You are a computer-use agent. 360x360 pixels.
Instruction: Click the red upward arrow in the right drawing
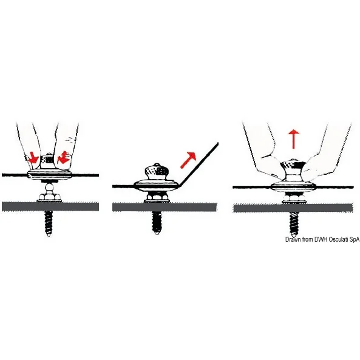click(x=294, y=139)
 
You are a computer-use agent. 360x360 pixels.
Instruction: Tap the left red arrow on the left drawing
click(x=33, y=158)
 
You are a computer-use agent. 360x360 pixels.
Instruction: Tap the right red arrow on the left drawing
click(x=64, y=157)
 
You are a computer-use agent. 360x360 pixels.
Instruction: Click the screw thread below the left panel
click(x=49, y=223)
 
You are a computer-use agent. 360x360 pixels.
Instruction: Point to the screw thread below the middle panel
click(x=157, y=222)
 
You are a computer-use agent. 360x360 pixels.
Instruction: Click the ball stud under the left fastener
click(x=49, y=187)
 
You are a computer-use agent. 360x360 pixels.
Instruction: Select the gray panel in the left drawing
click(x=50, y=206)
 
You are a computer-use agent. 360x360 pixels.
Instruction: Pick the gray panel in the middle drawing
click(x=165, y=207)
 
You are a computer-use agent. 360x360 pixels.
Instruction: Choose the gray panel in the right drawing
click(x=293, y=208)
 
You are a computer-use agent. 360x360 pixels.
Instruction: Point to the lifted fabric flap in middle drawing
click(x=198, y=163)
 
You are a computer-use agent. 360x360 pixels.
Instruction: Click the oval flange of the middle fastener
click(x=156, y=186)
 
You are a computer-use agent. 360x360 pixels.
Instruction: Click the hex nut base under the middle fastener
click(x=157, y=198)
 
